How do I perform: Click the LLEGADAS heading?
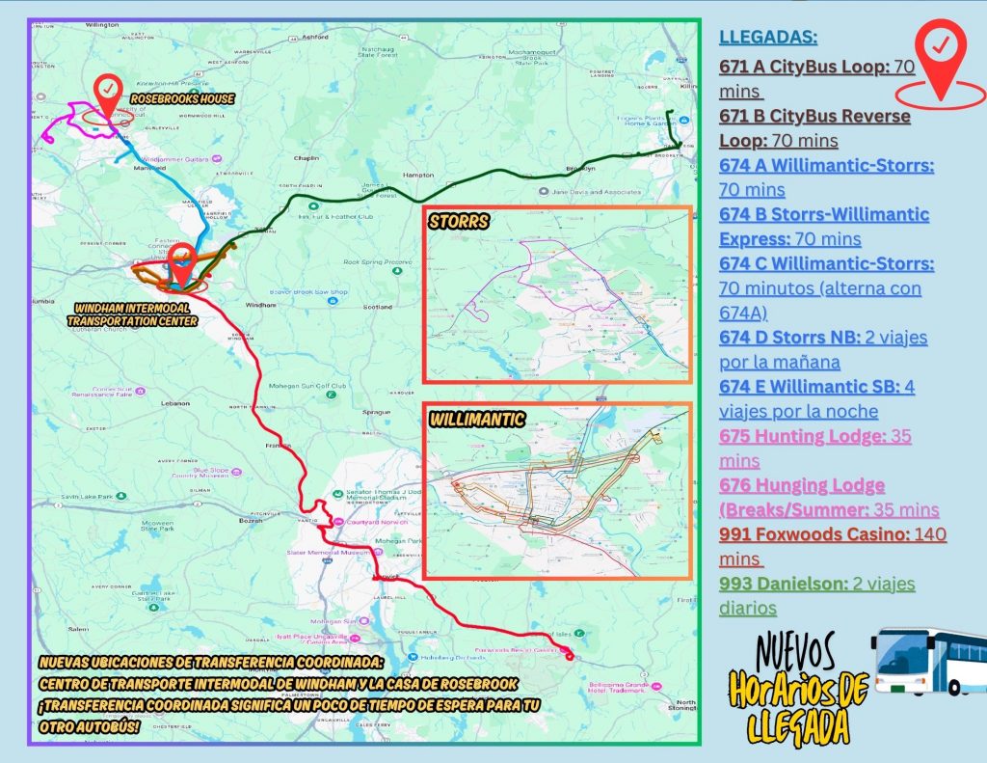[x=768, y=38]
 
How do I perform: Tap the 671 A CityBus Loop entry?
[x=816, y=80]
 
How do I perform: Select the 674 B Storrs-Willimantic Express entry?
[x=824, y=226]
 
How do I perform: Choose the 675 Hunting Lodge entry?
[x=815, y=448]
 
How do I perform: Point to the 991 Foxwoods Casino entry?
[x=833, y=546]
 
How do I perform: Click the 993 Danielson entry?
[x=816, y=595]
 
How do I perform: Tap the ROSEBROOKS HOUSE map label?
[x=183, y=99]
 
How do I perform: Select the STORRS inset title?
[x=461, y=222]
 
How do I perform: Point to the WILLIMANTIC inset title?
[x=477, y=420]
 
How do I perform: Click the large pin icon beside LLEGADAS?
[x=941, y=60]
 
